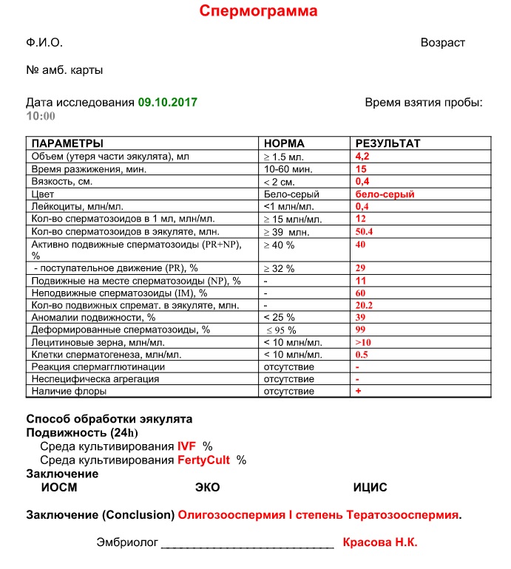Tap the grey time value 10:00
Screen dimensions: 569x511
tap(41, 116)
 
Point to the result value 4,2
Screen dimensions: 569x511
tap(362, 157)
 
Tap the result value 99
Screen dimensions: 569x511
tap(362, 329)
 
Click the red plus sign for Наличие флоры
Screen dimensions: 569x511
tap(358, 391)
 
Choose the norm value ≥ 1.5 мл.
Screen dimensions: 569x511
tap(287, 157)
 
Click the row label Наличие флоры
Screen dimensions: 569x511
tap(68, 391)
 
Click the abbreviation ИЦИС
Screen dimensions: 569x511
tap(370, 488)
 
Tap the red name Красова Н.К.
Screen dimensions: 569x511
tap(380, 542)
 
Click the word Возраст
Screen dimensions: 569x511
tap(443, 43)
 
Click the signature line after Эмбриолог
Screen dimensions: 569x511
tap(247, 545)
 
